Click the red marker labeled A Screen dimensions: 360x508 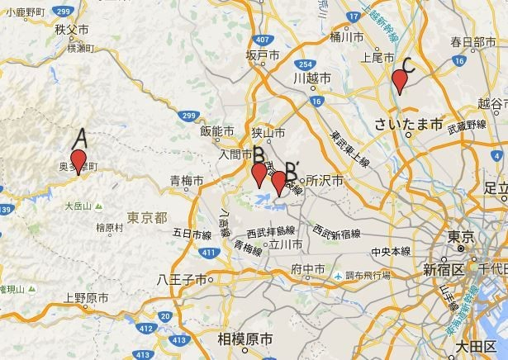[x=78, y=162]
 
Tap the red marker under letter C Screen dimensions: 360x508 [x=400, y=81]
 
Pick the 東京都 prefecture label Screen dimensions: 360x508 [x=148, y=217]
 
